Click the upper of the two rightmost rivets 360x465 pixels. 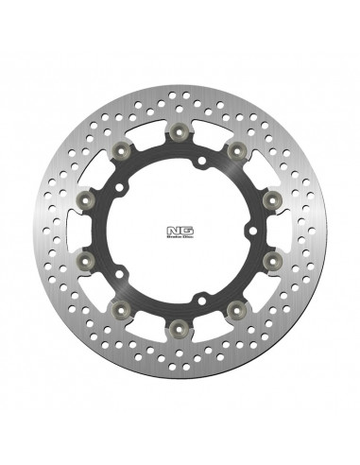click(x=270, y=199)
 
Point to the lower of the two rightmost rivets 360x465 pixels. click(x=270, y=258)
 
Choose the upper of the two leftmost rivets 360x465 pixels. click(x=88, y=199)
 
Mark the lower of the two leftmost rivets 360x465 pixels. click(x=88, y=258)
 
